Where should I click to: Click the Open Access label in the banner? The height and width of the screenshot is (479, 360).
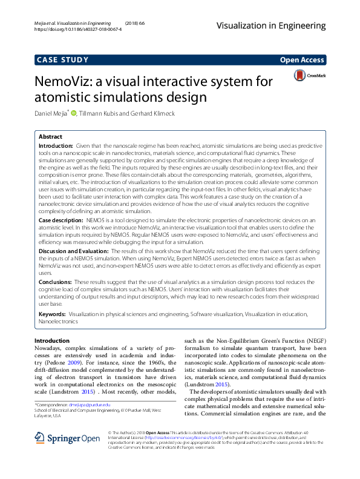tap(303, 59)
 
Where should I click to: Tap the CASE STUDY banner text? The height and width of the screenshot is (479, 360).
tap(62, 59)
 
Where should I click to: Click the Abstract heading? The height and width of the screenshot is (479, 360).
tap(50, 137)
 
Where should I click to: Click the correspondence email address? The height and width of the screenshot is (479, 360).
tap(89, 404)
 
